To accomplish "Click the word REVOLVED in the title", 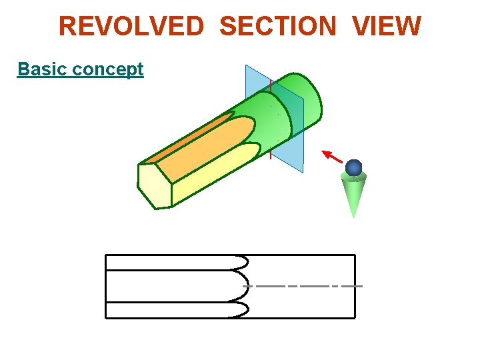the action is coord(131,27).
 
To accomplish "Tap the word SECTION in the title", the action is coord(277,27).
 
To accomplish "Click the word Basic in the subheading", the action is coord(41,69).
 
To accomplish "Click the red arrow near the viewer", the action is coord(333,157).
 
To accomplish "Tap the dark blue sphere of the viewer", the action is coord(354,167).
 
